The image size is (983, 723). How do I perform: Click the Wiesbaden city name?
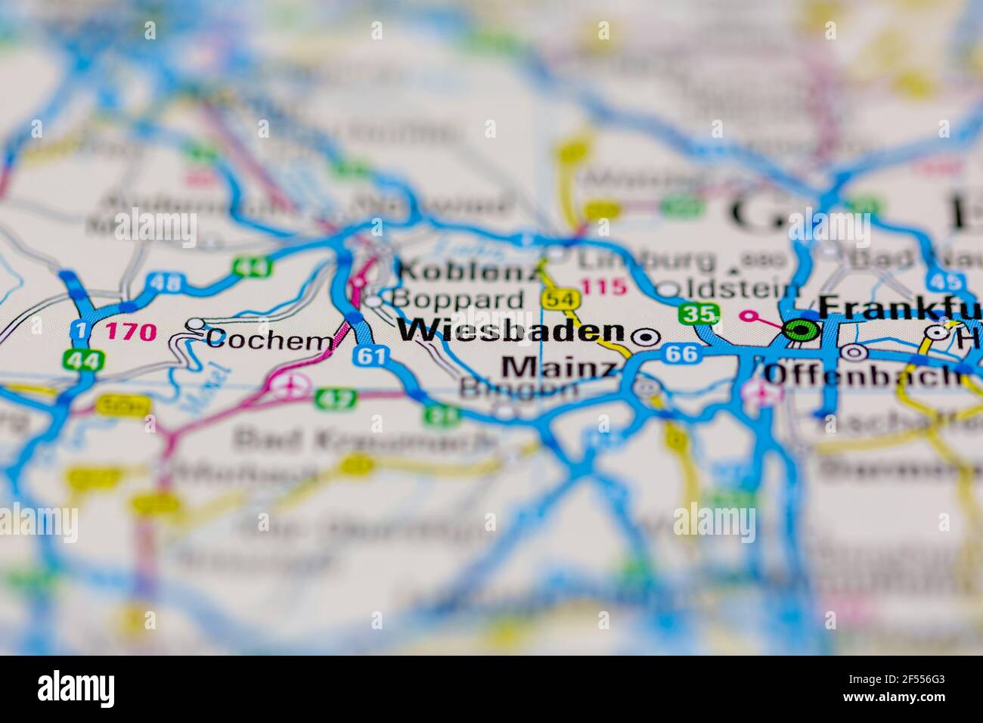511,331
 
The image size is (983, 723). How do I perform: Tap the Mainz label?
559,368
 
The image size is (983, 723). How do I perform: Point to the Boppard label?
457,299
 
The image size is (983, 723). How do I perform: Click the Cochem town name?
269,340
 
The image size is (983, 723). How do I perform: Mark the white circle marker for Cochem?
195,324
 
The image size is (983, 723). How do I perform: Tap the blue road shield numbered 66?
682,353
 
